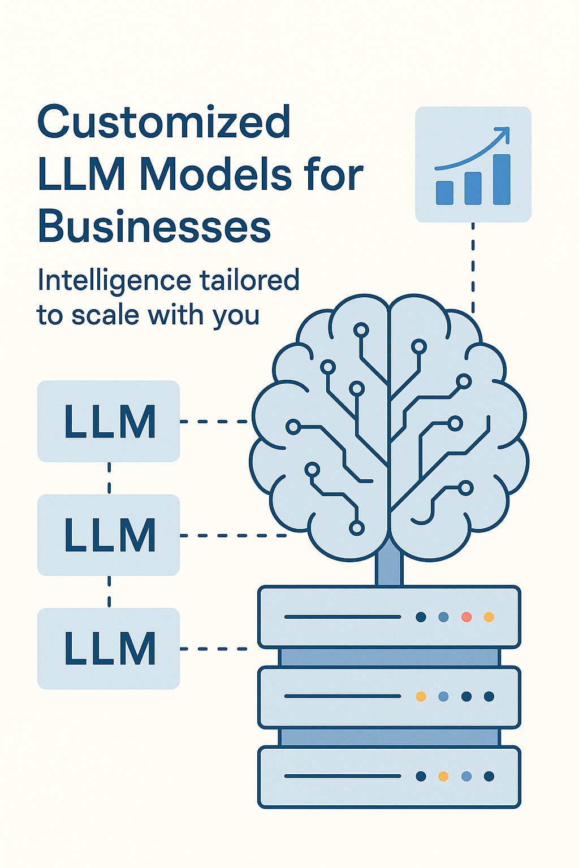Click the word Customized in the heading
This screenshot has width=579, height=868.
tap(163, 121)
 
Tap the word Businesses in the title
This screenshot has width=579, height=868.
tap(154, 225)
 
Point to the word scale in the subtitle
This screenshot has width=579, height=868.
tap(105, 314)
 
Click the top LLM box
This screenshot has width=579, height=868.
tap(109, 421)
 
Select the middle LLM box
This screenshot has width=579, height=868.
tap(109, 535)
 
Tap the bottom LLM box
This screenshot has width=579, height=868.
tap(109, 649)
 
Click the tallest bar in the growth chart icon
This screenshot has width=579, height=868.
tap(502, 179)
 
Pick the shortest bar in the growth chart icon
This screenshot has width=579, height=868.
tap(444, 193)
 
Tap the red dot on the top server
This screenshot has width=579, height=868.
tap(466, 617)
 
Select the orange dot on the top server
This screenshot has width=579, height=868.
tap(489, 617)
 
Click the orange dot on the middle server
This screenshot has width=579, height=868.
tap(421, 696)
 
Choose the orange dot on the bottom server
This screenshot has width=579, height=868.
tap(443, 776)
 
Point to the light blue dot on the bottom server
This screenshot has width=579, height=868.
tap(466, 776)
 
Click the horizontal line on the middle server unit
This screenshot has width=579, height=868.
tap(343, 696)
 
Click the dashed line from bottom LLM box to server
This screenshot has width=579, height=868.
tap(214, 649)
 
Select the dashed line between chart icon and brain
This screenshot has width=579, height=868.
tap(473, 267)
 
